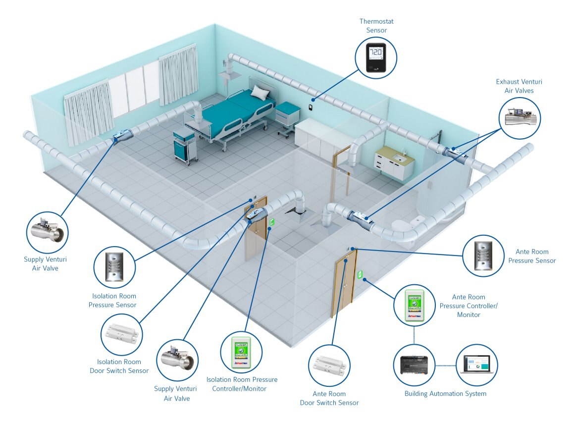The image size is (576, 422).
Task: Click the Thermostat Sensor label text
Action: click(x=376, y=26)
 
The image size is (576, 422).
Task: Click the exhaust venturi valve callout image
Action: click(x=520, y=117)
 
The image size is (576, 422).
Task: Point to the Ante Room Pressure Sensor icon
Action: click(x=482, y=256)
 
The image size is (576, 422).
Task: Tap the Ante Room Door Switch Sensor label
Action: click(x=329, y=398)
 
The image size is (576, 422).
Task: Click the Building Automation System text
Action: click(x=445, y=394)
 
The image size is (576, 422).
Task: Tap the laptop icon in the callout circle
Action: click(x=476, y=366)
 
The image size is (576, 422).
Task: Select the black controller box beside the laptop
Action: click(x=414, y=365)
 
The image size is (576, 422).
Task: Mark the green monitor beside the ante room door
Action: click(x=360, y=273)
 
